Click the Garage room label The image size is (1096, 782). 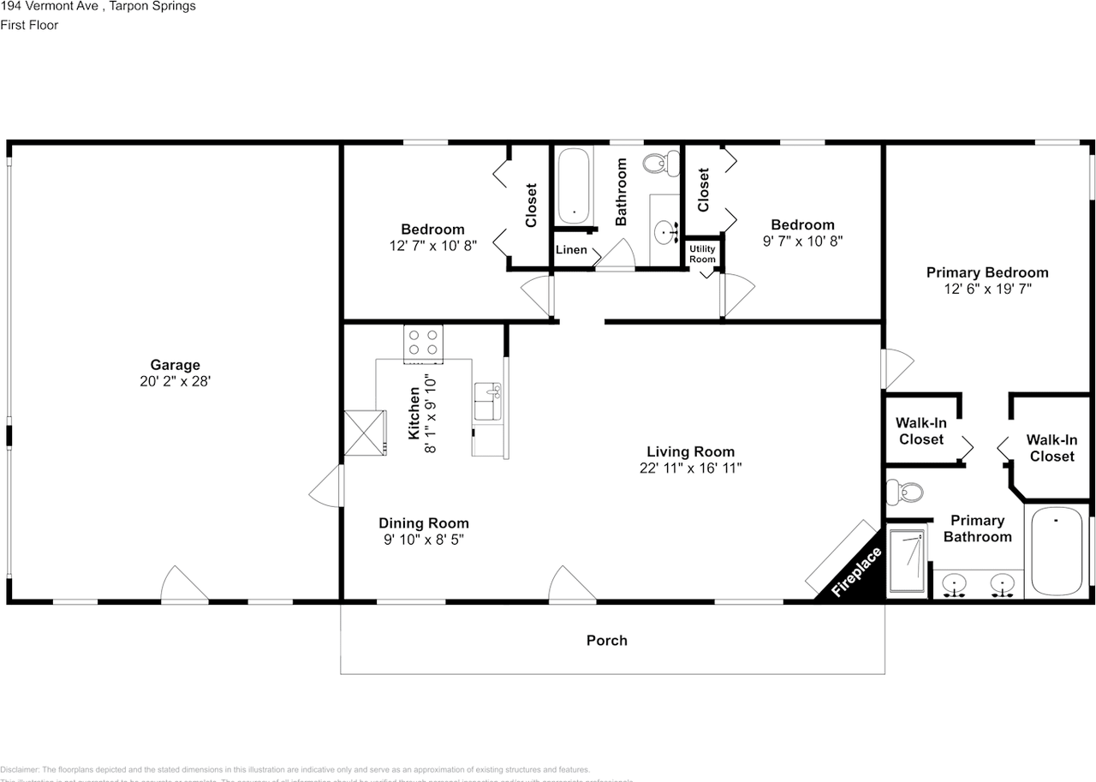point(175,366)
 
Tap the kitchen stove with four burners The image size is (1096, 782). point(423,343)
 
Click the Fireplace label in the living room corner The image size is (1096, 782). point(857,571)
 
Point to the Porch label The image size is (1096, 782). point(606,640)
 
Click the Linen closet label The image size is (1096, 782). point(571,250)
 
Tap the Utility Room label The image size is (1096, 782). point(702,254)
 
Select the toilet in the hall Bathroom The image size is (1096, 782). point(659,162)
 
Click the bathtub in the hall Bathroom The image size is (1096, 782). point(573,185)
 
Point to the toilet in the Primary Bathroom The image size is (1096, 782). point(904,492)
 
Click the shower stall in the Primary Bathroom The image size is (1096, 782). point(907,562)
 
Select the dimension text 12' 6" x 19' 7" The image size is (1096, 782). point(986,290)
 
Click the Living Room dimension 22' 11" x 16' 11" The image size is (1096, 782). point(690,468)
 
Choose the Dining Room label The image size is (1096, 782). point(424,523)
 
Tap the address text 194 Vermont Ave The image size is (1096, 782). point(48,7)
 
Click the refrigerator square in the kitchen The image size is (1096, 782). point(366,433)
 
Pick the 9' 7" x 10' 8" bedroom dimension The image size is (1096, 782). point(802,242)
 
